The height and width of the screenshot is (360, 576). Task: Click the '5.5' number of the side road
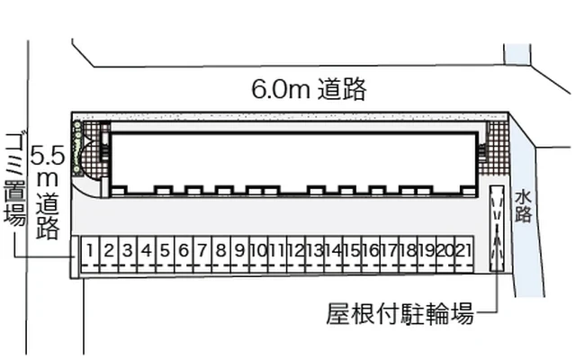pos(46,155)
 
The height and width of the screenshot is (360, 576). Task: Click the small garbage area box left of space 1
pos(76,256)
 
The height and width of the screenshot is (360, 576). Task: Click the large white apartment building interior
pos(292,157)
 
